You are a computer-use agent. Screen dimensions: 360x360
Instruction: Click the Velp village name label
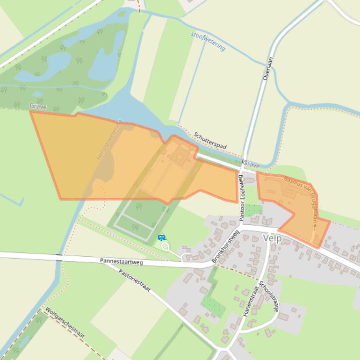[x=272, y=238]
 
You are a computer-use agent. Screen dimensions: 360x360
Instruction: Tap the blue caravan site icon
[x=162, y=238]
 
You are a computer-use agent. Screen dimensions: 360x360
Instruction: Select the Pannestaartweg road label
[x=121, y=261]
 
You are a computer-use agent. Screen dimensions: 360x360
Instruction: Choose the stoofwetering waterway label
[x=208, y=41]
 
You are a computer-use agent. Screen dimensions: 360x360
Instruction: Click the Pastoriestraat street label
[x=135, y=281]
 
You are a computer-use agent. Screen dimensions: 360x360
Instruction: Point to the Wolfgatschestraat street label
[x=65, y=323]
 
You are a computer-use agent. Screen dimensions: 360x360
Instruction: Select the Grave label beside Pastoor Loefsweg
[x=252, y=166]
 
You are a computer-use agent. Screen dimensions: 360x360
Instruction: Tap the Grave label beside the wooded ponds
[x=38, y=107]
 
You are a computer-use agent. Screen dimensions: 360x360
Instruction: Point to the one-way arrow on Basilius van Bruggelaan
[x=315, y=226]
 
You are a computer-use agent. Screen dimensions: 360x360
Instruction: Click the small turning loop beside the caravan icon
[x=165, y=246]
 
